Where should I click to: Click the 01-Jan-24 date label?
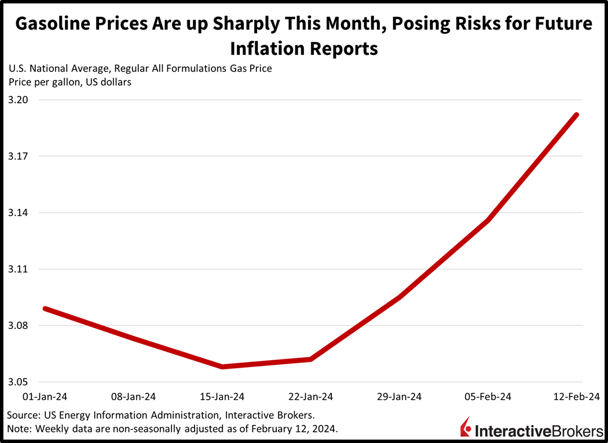tap(45, 397)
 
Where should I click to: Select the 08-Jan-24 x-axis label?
tap(133, 397)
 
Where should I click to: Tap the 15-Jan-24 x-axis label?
tap(222, 397)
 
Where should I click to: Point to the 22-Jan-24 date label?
tap(310, 397)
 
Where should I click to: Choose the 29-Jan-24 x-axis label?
tap(399, 397)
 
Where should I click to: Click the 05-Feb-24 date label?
tap(488, 397)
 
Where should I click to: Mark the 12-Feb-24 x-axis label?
tap(577, 397)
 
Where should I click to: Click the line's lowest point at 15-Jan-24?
tap(222, 367)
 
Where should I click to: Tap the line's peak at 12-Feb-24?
tap(577, 115)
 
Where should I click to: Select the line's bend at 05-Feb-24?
tap(488, 220)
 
